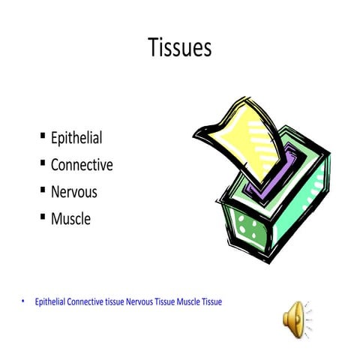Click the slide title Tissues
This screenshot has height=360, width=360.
coord(179,48)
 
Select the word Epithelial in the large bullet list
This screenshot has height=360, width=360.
coord(76,138)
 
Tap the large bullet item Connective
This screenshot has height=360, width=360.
coord(82,165)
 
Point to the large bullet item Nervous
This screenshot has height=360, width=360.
coord(73,192)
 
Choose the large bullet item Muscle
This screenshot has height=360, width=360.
coord(70,219)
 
